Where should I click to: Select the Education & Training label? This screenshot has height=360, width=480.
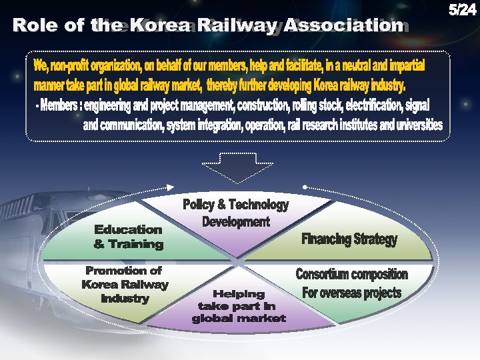129,237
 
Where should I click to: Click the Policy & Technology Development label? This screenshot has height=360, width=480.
235,213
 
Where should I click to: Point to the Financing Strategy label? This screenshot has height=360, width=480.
349,239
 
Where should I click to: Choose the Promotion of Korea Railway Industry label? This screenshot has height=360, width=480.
125,285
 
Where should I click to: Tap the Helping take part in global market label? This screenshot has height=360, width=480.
239,306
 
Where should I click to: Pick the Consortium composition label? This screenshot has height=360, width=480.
351,275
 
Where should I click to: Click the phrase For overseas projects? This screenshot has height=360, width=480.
351,293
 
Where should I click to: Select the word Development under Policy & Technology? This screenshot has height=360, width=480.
235,221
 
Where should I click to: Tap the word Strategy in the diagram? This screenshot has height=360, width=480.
376,239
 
